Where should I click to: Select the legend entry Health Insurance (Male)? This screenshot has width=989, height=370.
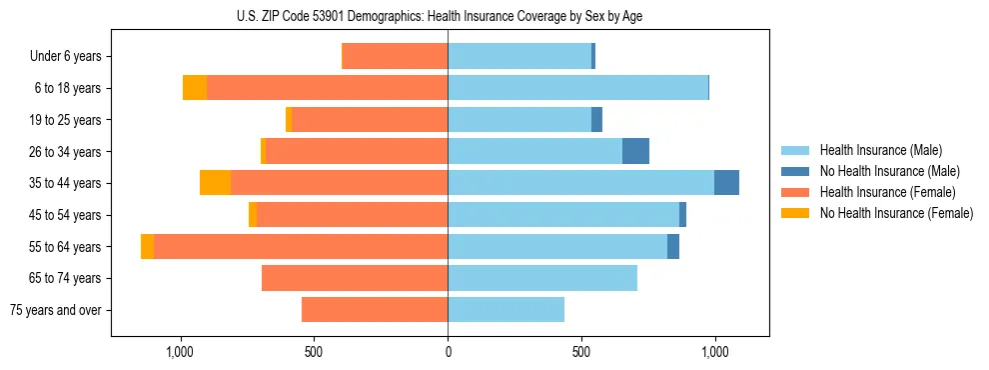click(880, 150)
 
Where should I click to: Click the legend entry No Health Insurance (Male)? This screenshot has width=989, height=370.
click(889, 171)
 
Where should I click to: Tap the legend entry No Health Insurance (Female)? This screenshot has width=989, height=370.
click(896, 213)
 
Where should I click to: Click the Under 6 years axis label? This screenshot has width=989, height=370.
click(65, 57)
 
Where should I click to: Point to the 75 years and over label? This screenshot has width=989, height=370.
click(55, 310)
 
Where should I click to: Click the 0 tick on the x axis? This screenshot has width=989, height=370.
click(448, 352)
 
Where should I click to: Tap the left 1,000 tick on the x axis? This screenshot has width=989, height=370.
click(180, 352)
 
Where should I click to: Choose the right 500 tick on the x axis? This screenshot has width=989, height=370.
click(581, 352)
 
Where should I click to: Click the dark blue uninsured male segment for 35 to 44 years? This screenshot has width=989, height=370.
click(726, 183)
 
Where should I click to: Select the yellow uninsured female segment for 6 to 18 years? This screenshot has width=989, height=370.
click(195, 88)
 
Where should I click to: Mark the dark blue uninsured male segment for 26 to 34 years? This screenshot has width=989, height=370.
click(635, 151)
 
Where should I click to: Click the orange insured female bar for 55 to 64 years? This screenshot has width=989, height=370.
click(300, 246)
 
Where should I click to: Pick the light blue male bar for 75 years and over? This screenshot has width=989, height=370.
click(505, 310)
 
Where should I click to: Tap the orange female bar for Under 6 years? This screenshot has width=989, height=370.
click(395, 57)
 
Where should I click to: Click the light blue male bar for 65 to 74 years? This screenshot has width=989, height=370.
click(542, 278)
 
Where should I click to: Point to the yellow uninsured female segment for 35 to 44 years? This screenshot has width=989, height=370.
click(215, 183)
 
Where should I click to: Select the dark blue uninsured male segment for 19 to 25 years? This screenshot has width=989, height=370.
click(596, 120)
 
